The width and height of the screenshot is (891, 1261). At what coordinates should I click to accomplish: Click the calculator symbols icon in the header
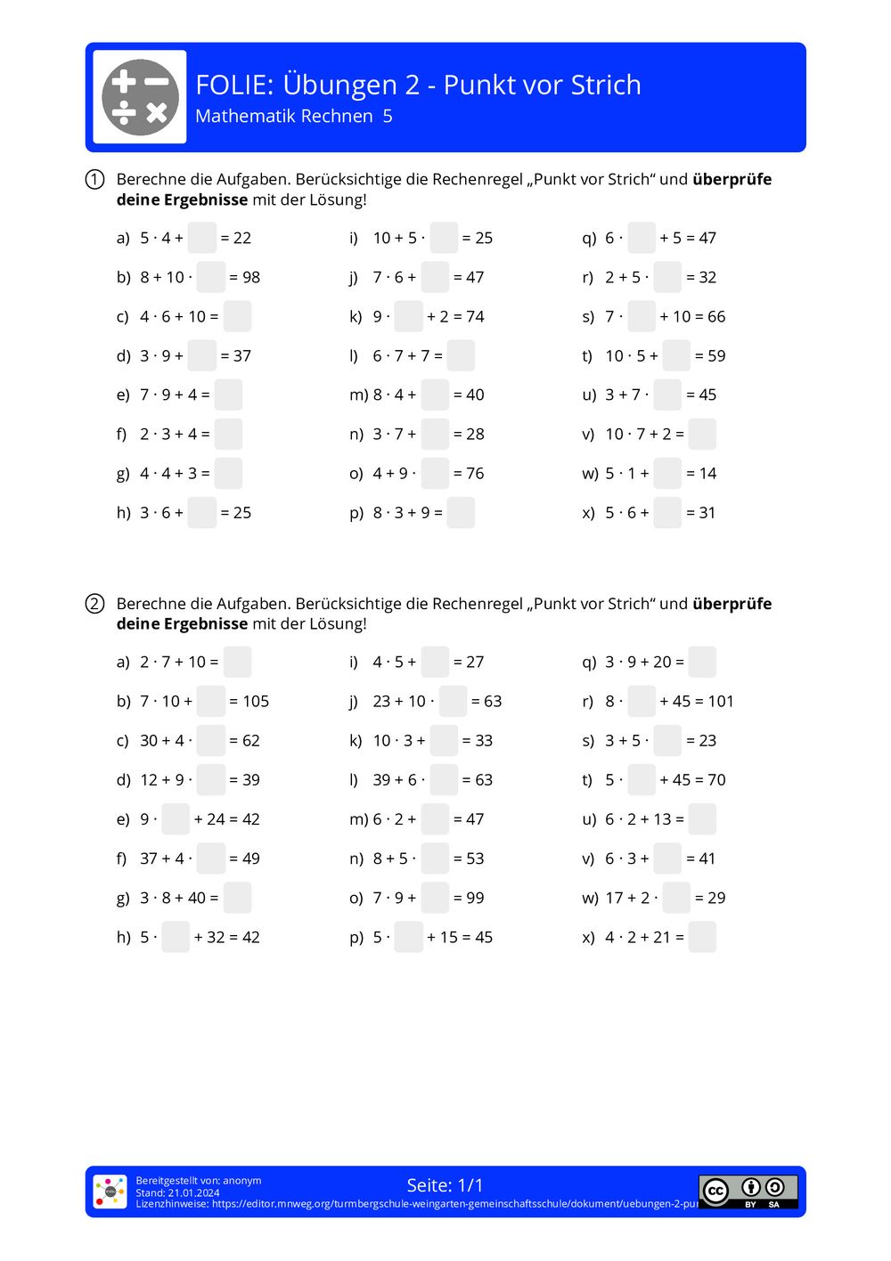tap(140, 97)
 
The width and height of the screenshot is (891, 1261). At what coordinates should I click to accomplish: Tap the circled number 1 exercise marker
tap(95, 180)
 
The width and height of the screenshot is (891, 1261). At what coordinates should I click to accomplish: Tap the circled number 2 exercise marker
tap(95, 604)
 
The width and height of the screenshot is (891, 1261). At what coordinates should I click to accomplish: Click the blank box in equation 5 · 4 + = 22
tap(202, 238)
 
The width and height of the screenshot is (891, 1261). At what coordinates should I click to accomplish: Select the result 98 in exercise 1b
tap(251, 277)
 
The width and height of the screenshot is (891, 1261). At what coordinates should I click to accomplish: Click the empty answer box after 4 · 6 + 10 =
tap(237, 316)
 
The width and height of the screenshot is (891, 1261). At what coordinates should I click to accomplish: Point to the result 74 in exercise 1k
tap(475, 316)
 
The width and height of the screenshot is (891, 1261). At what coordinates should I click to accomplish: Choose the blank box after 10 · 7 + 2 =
tap(702, 434)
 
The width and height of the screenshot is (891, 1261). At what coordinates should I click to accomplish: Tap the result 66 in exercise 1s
tap(716, 316)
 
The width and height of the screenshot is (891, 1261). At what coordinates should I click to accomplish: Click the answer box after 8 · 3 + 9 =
tap(461, 513)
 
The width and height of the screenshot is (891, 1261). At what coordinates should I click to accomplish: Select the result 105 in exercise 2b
tap(256, 702)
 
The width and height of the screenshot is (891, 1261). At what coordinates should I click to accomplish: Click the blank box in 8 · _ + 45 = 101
tap(642, 702)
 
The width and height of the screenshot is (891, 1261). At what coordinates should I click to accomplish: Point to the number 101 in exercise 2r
tap(721, 702)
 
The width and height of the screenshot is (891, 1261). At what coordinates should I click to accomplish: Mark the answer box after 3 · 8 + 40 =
tap(237, 898)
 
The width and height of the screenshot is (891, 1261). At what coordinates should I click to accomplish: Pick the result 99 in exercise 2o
tap(475, 898)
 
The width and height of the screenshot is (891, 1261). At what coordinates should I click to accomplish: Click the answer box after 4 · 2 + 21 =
tap(702, 937)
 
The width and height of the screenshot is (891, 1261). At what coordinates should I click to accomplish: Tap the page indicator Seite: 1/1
tap(445, 1185)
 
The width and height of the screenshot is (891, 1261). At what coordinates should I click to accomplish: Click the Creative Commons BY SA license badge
tap(748, 1192)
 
